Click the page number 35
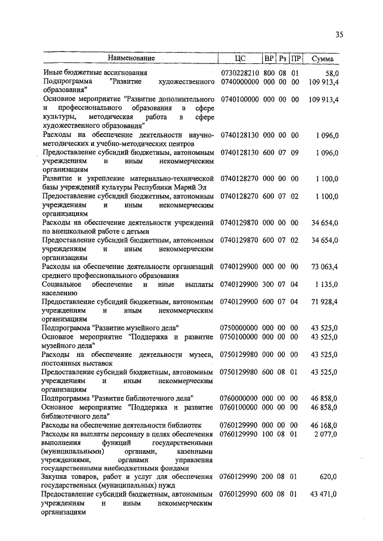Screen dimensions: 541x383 click(x=339, y=35)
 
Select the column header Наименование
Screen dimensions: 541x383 click(x=131, y=59)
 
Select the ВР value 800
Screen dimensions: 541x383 click(x=269, y=72)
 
